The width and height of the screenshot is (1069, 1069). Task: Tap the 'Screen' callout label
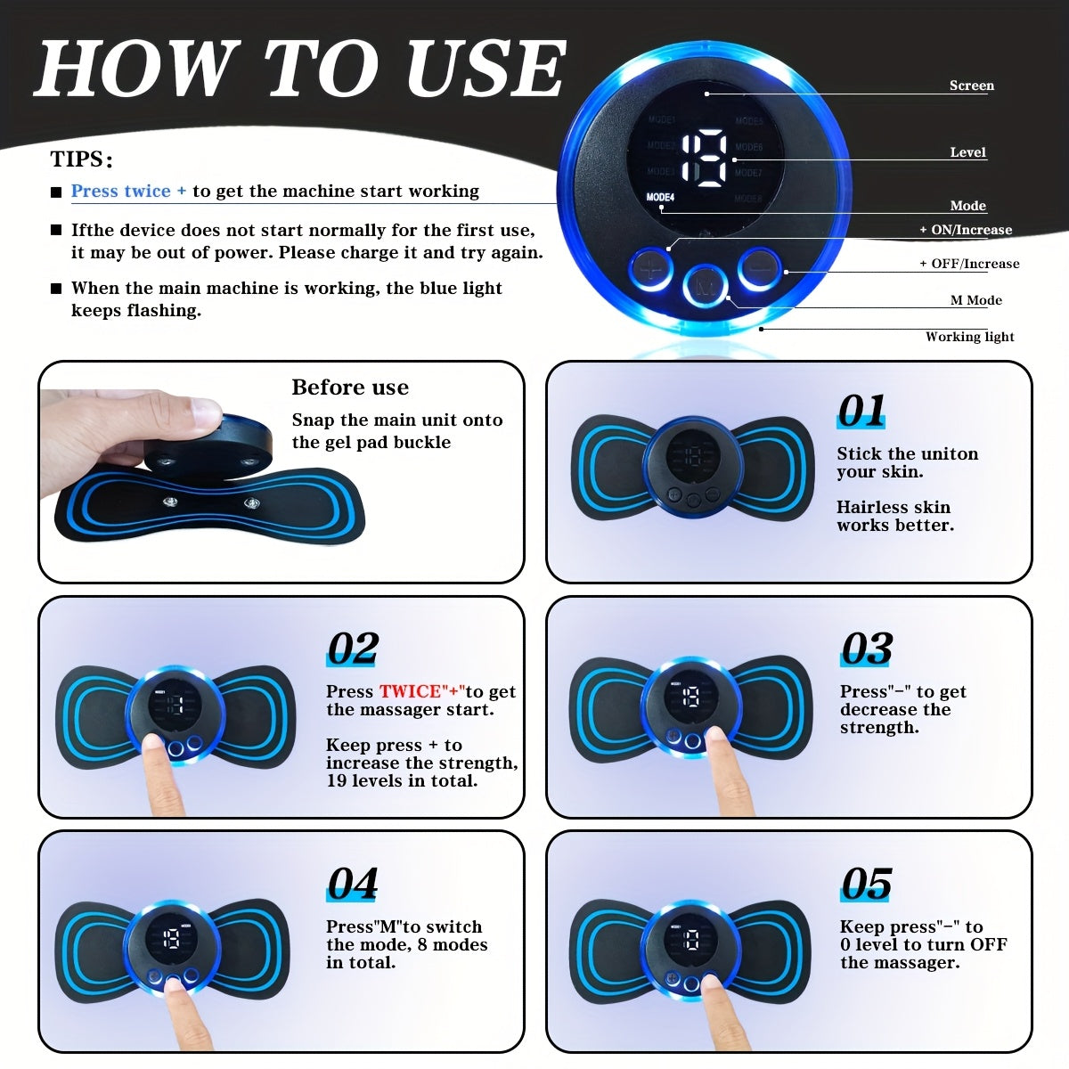coord(971,86)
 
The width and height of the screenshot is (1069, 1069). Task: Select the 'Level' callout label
coord(967,152)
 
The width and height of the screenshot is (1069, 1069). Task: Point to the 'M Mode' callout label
coord(975,300)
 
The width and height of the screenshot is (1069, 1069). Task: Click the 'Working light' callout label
coord(969,337)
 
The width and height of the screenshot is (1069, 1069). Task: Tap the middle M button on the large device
coord(706,283)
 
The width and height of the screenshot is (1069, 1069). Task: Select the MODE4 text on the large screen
coord(660,197)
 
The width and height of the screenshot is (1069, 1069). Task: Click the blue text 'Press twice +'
coord(128,191)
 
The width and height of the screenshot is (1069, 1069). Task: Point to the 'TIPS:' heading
coord(81,159)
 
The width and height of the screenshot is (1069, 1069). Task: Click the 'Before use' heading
coord(350,388)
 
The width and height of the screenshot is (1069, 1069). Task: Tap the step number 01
coord(861,412)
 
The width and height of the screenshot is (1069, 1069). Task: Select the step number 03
coord(866,649)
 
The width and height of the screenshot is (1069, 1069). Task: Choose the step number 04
coord(353,884)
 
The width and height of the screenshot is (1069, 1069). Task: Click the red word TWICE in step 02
coord(410,691)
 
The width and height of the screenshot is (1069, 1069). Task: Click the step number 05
coord(866,884)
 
